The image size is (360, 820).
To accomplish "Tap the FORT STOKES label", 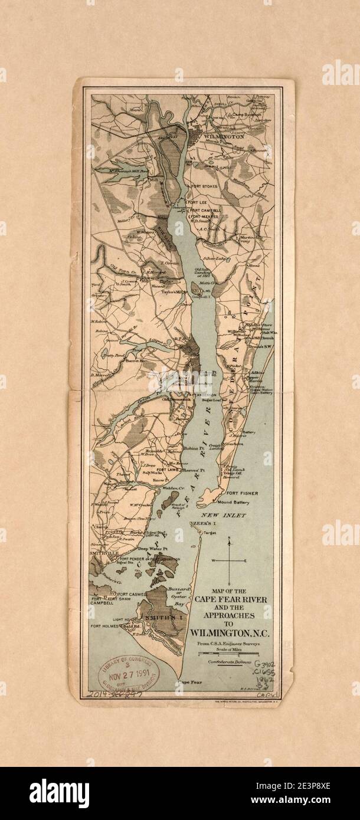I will tap(204, 186).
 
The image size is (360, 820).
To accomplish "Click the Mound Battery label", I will tap(234, 503).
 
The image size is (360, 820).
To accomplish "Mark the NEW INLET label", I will tap(227, 515).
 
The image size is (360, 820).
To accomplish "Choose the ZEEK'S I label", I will tap(200, 524).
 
